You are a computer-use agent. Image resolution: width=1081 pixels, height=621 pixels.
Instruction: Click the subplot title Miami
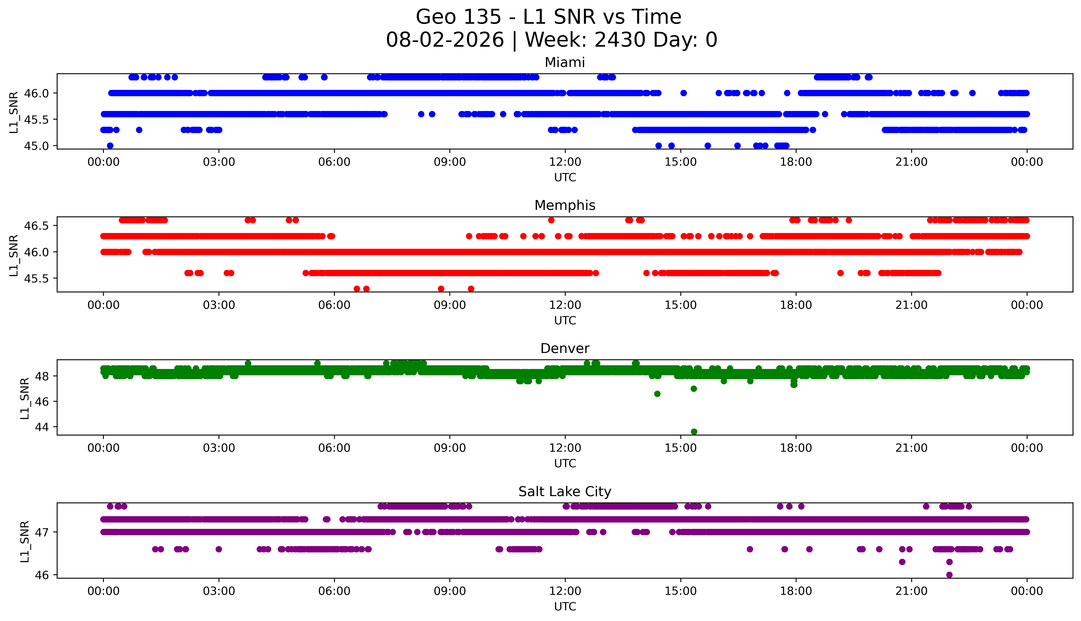pyautogui.click(x=565, y=63)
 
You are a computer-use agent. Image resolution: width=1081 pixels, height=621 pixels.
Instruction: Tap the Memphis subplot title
pyautogui.click(x=565, y=206)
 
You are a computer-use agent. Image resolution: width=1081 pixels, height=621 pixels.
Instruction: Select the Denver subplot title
pyautogui.click(x=565, y=348)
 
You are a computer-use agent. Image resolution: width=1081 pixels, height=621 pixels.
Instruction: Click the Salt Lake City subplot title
pyautogui.click(x=565, y=492)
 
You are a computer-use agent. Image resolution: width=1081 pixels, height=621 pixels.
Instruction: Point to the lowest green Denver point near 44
pyautogui.click(x=694, y=432)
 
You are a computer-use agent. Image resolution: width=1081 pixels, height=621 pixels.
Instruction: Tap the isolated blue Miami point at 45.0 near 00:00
pyautogui.click(x=110, y=145)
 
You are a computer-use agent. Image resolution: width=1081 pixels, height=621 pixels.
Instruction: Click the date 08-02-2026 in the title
pyautogui.click(x=445, y=40)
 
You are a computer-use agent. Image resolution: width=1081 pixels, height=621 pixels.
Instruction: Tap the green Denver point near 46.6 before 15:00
pyautogui.click(x=657, y=394)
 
